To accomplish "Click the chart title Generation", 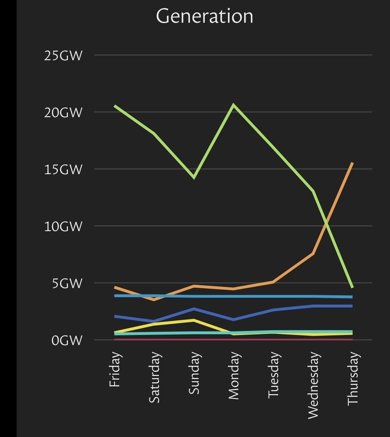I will (x=204, y=16).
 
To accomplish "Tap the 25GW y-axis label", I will (x=63, y=56).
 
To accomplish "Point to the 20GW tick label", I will (x=63, y=112).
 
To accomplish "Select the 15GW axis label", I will (x=63, y=169).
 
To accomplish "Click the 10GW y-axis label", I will (x=63, y=226).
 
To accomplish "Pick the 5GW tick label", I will (x=67, y=283).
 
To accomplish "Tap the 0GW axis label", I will (x=67, y=340).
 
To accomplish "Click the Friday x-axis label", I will (x=114, y=370).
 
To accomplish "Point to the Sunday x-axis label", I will (x=194, y=374).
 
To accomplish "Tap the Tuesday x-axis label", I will (x=273, y=375).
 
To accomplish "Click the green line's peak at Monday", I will (x=234, y=105).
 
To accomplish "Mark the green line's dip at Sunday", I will (x=194, y=177).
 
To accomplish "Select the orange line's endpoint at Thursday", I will (x=352, y=163).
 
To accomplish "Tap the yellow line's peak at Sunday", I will (x=194, y=320).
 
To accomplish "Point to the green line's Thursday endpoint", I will (x=352, y=287).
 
